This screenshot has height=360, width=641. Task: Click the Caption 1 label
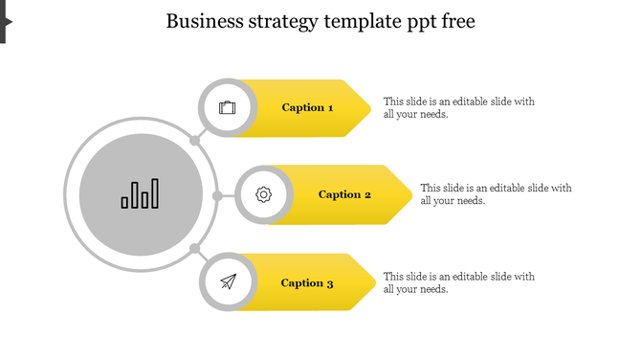(x=307, y=108)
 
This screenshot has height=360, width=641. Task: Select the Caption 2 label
(x=344, y=195)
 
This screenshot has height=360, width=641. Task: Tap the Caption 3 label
(x=307, y=283)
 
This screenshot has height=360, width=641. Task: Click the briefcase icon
(x=227, y=107)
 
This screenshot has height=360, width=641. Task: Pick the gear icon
(x=264, y=195)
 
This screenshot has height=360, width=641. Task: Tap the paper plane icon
(x=228, y=281)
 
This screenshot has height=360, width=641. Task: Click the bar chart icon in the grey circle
(x=141, y=194)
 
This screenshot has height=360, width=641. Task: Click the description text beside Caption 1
(x=458, y=107)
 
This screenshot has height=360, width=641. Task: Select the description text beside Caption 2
(x=496, y=194)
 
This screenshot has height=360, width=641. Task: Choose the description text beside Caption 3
(x=458, y=282)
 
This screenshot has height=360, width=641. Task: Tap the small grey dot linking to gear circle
(x=217, y=196)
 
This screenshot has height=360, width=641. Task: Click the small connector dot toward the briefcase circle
(x=194, y=141)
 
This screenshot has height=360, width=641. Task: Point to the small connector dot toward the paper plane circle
(x=194, y=250)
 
